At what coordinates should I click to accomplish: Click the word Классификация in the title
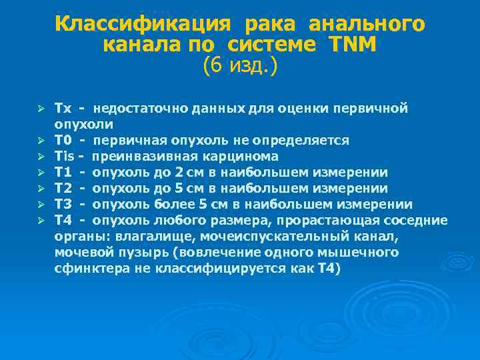(143, 24)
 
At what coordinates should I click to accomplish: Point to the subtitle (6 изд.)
(239, 66)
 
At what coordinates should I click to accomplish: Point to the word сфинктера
(85, 268)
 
